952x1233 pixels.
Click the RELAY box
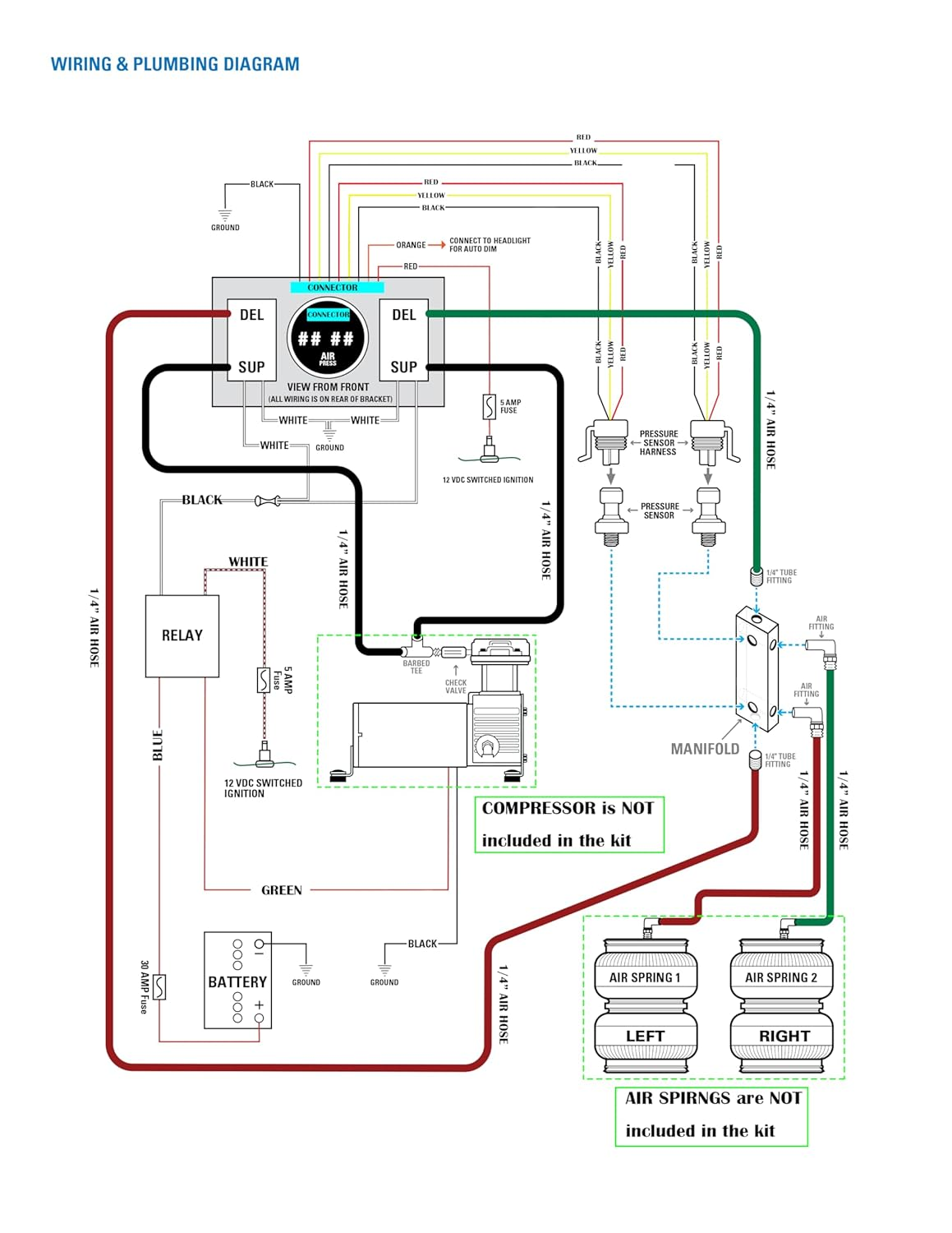(x=182, y=635)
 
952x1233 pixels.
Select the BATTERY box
(x=237, y=981)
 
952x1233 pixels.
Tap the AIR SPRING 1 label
(x=645, y=977)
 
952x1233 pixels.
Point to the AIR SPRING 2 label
(x=781, y=977)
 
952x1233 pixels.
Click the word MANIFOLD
(x=705, y=749)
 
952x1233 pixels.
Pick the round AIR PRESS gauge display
(x=328, y=339)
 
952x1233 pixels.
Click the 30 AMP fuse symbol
(x=159, y=986)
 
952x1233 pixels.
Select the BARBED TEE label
(x=416, y=667)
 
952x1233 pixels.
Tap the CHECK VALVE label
(x=456, y=686)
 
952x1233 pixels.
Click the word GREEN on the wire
(x=282, y=890)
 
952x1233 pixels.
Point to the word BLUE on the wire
(x=158, y=745)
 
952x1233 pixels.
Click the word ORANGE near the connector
(x=411, y=245)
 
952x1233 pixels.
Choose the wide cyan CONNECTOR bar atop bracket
(x=337, y=288)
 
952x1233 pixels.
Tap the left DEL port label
(x=251, y=315)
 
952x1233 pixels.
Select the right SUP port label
(x=403, y=367)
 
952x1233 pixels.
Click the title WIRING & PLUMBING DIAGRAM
(x=175, y=64)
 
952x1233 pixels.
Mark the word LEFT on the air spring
(x=645, y=1036)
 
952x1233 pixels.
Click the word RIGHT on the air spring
(x=784, y=1036)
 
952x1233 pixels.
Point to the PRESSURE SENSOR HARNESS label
(x=658, y=443)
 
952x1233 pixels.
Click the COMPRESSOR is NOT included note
(x=568, y=824)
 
